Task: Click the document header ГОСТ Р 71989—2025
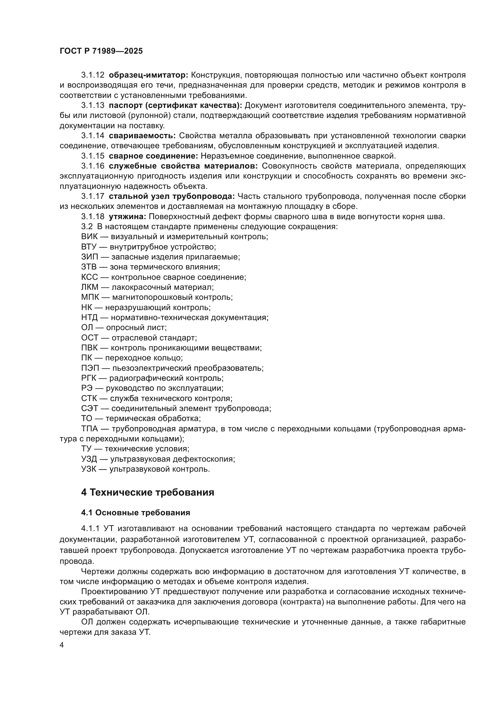pos(101,51)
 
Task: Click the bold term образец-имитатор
pos(148,75)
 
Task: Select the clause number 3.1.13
pos(93,105)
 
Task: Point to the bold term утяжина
pos(127,216)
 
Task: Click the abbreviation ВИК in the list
pos(89,236)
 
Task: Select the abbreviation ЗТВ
pos(89,267)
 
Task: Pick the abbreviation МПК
pos(90,297)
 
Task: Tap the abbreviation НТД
pos(90,317)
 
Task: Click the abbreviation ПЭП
pos(90,368)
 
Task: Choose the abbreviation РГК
pos(89,378)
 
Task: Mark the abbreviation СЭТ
pos(90,409)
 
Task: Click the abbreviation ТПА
pos(90,429)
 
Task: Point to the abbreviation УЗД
pos(89,459)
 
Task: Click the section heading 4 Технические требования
pos(148,492)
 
